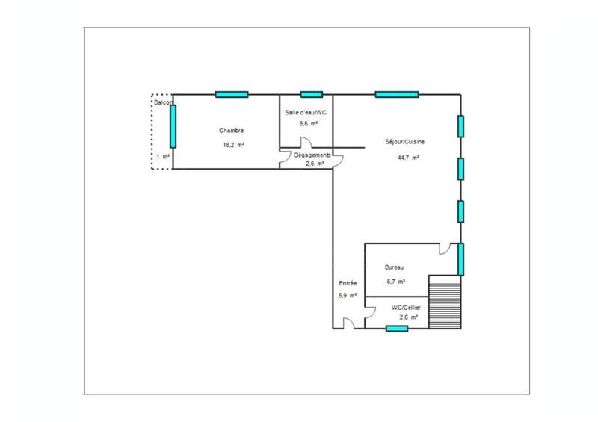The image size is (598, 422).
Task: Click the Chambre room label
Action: tap(232, 129)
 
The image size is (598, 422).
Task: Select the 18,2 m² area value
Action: tap(234, 145)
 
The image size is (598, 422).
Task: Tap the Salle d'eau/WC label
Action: tap(305, 112)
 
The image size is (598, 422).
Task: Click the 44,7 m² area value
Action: tap(408, 158)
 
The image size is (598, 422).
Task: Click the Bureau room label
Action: tap(395, 267)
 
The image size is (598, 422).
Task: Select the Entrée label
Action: tap(348, 284)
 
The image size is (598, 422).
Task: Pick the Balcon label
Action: tap(164, 102)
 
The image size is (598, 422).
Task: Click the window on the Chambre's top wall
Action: tap(231, 94)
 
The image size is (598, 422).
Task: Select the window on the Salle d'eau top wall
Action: tap(311, 94)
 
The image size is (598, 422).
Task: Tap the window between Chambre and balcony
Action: tap(173, 126)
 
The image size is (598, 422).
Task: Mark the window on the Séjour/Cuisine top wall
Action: tap(397, 94)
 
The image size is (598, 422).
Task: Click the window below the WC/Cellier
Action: tap(396, 329)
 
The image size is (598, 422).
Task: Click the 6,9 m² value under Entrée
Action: tap(347, 296)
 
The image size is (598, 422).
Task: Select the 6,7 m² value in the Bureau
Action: tap(395, 282)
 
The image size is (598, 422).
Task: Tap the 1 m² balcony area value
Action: tap(161, 157)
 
